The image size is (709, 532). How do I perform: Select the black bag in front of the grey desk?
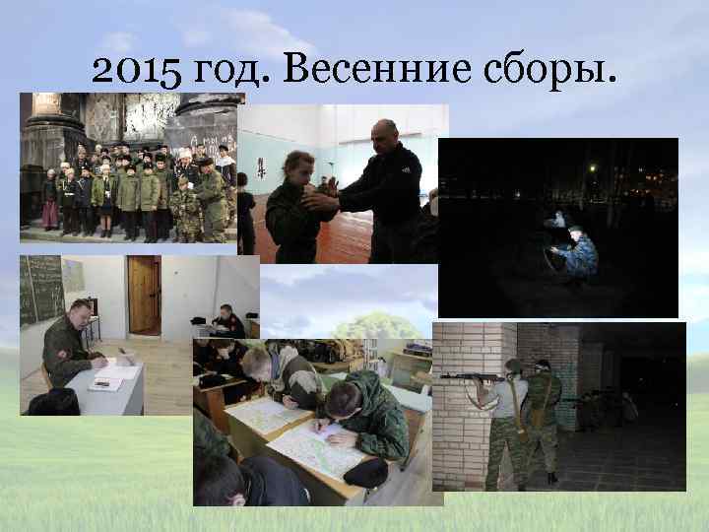tap(53, 402)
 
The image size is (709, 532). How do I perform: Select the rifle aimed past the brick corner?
tap(469, 376)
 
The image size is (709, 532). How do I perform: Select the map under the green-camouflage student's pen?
tap(315, 448)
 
